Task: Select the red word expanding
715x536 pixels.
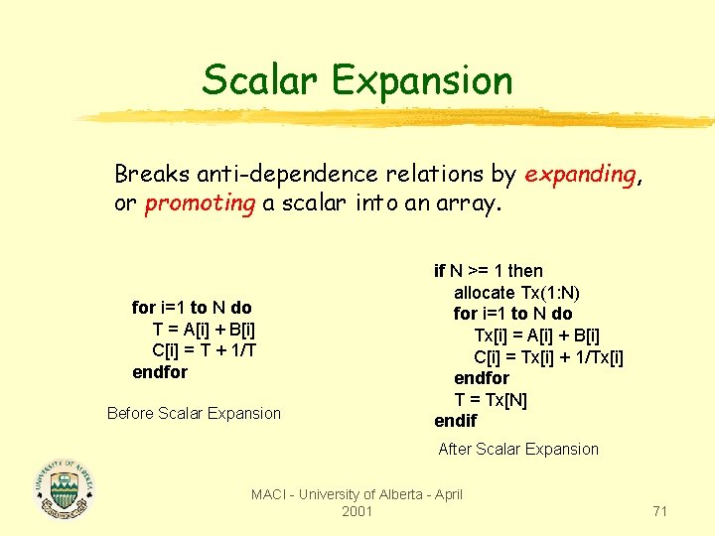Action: (x=580, y=175)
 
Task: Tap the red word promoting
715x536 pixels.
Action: (x=200, y=203)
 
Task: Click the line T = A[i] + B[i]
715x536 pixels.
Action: (x=206, y=330)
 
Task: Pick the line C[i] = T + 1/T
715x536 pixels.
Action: (x=206, y=350)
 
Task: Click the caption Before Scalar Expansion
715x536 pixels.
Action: (x=194, y=413)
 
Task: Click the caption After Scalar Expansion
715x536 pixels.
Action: (x=518, y=449)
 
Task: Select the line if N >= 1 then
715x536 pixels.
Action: (x=489, y=271)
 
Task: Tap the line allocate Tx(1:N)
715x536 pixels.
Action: (x=516, y=293)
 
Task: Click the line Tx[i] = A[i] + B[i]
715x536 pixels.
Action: (x=536, y=335)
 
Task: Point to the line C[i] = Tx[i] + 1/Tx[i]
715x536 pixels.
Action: (x=548, y=357)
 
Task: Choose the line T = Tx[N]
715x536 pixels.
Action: (x=491, y=400)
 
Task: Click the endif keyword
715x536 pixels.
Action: (x=455, y=421)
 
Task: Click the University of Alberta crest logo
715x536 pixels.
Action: (x=66, y=489)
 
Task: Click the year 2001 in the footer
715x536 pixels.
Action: (x=357, y=511)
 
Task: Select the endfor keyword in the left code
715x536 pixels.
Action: (x=160, y=372)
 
